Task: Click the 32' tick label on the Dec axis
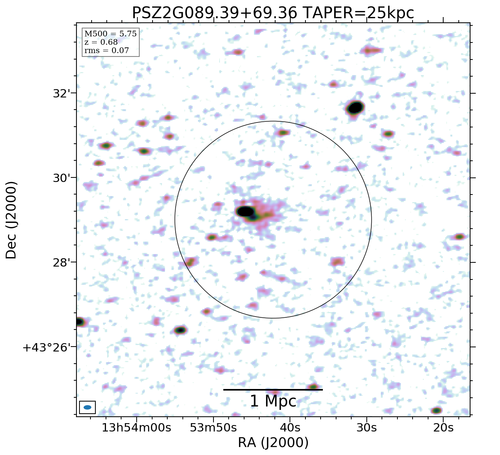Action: (60, 93)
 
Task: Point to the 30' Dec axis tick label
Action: (60, 178)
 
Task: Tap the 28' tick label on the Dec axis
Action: (60, 262)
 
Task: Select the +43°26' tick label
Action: (47, 347)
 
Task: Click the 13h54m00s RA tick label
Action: (137, 428)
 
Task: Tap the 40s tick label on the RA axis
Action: (290, 428)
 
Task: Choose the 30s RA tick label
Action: (366, 428)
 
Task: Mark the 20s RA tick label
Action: (443, 428)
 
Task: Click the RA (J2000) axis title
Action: (273, 442)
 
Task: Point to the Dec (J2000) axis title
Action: (11, 220)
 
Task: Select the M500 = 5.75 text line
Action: (110, 34)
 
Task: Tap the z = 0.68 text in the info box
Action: (101, 42)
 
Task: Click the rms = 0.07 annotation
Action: (106, 51)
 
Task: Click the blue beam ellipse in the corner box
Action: (87, 407)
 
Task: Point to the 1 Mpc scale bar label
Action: (273, 402)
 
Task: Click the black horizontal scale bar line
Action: (273, 389)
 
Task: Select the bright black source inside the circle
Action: (245, 211)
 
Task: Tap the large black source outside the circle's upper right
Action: (355, 108)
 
